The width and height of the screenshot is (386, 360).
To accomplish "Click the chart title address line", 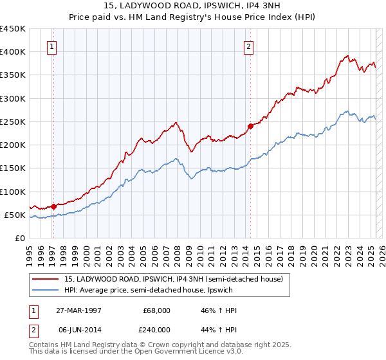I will tap(192, 6).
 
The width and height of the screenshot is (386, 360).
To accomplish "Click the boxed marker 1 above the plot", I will tap(51, 46).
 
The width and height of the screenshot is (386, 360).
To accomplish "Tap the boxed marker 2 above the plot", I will tap(248, 46).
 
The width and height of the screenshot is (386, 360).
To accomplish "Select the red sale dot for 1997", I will tap(53, 206).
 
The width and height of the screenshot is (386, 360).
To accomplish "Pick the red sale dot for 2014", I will tap(250, 126).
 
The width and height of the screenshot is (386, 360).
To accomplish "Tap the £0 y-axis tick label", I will tap(19, 239).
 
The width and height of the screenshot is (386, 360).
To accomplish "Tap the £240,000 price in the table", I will tap(157, 329).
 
